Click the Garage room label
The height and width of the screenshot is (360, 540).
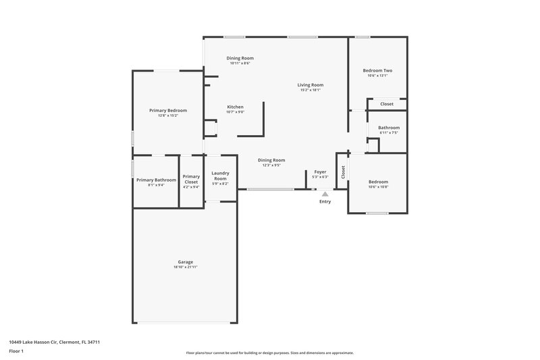[x=186, y=262]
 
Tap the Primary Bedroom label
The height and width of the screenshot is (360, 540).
[x=168, y=110]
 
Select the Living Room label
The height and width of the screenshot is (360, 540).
[x=311, y=85]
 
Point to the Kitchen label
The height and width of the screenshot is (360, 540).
[x=235, y=107]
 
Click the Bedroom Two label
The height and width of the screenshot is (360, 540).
[x=377, y=70]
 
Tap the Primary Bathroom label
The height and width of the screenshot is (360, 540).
[x=156, y=180]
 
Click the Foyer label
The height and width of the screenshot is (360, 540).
[x=320, y=172]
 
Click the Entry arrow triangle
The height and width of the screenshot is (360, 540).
[x=325, y=193]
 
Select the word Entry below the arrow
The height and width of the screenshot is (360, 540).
[x=325, y=201]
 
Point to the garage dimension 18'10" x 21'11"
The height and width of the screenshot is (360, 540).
[x=186, y=267]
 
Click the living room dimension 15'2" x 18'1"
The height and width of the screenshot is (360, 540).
[x=311, y=91]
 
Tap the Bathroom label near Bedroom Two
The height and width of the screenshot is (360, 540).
[x=389, y=128]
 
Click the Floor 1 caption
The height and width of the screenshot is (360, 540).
[x=16, y=352]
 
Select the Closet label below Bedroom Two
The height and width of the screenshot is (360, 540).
[x=387, y=104]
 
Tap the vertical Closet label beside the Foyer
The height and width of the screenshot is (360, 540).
[x=343, y=172]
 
